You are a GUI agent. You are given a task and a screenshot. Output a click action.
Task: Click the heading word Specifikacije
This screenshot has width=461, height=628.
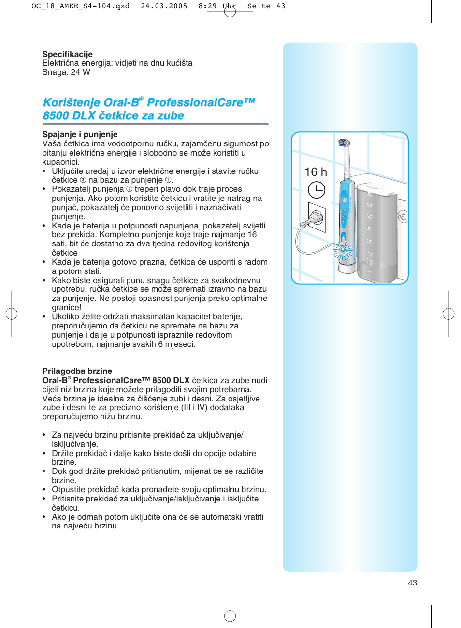click(67, 54)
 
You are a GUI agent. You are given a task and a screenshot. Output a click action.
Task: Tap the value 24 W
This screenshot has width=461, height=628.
click(80, 72)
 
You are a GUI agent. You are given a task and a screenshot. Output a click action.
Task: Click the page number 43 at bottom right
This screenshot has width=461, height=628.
click(412, 583)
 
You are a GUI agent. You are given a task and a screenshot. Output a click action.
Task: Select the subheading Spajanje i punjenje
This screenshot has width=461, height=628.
click(80, 134)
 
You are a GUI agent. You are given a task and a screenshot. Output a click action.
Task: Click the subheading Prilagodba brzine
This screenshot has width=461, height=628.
click(77, 371)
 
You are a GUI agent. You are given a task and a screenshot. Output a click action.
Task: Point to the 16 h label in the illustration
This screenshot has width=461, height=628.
click(316, 172)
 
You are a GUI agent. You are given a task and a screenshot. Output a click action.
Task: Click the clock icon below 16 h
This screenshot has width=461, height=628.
click(317, 190)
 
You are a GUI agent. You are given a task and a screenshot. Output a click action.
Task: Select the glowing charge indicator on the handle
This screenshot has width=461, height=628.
click(345, 249)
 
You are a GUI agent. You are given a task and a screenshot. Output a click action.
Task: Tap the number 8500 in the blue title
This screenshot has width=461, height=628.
click(56, 116)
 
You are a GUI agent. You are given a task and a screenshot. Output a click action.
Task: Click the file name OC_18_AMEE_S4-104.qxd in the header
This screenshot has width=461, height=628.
click(80, 6)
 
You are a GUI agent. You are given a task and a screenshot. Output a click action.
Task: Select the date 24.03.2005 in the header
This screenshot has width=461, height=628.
click(164, 6)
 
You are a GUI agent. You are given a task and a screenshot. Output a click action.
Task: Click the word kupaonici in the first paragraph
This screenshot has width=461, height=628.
click(60, 162)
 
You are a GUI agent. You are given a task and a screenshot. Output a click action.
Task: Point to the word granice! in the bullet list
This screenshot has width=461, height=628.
click(67, 307)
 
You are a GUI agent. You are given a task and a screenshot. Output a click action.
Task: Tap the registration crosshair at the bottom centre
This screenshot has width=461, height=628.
click(230, 616)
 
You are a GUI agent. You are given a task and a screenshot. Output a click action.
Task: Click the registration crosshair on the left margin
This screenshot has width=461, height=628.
click(12, 314)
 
